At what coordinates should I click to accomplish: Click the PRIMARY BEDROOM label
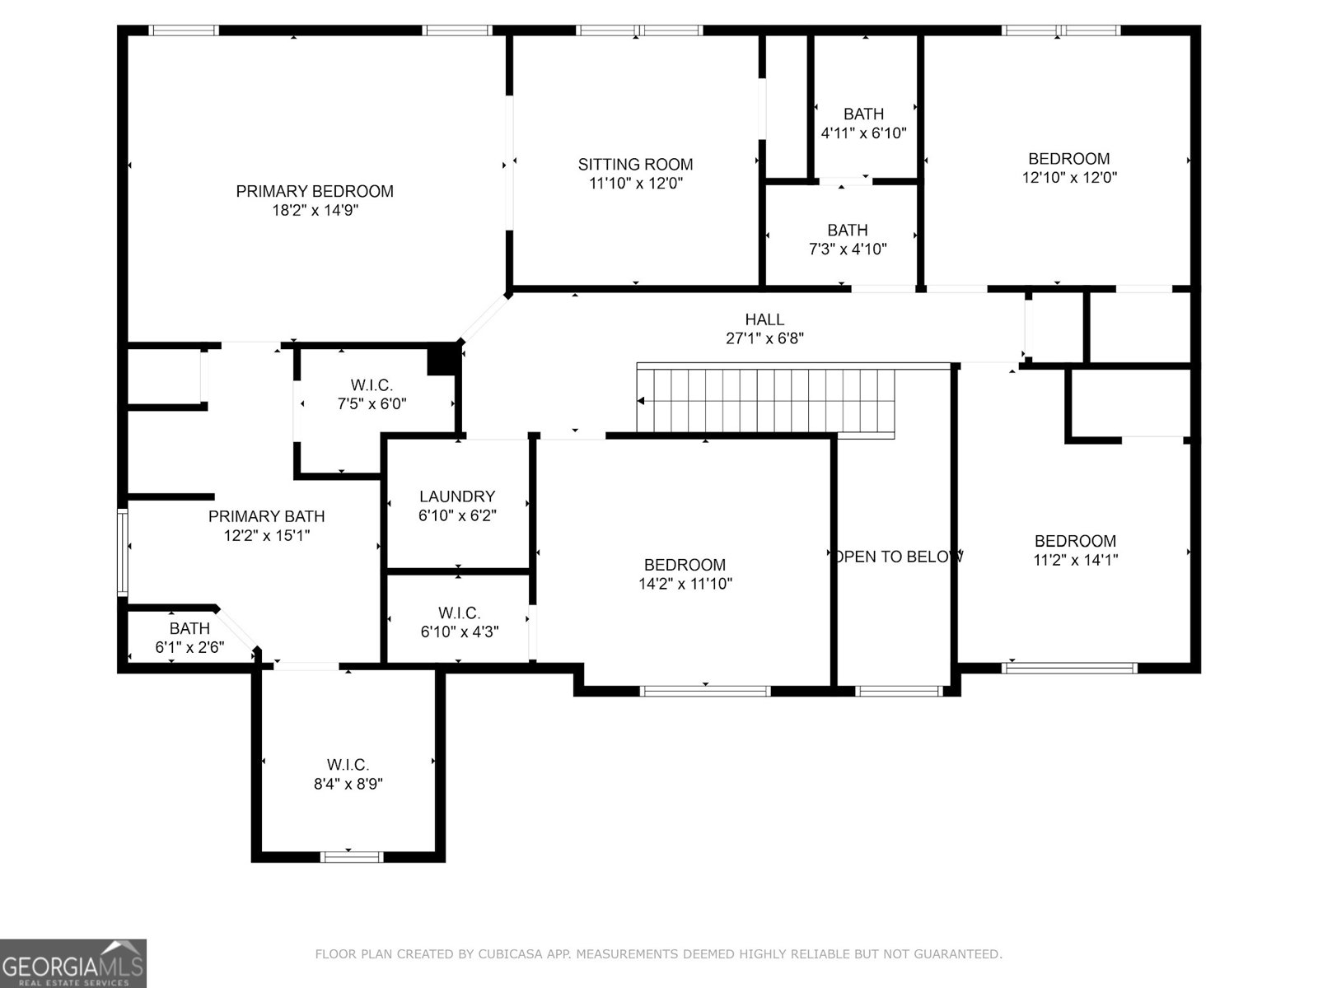click(x=315, y=191)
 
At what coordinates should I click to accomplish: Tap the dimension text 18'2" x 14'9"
click(x=315, y=210)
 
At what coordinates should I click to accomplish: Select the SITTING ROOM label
click(x=635, y=164)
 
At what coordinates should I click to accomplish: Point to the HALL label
click(x=764, y=319)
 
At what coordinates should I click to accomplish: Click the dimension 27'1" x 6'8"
click(x=764, y=338)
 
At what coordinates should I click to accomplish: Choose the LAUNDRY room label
click(x=457, y=496)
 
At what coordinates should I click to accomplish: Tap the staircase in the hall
click(x=766, y=399)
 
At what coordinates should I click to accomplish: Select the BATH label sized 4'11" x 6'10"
click(x=863, y=114)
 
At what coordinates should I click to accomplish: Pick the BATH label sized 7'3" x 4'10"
click(x=848, y=231)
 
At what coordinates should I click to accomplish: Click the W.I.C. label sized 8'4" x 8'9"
click(x=348, y=765)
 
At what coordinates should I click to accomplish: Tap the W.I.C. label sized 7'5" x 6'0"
click(x=372, y=385)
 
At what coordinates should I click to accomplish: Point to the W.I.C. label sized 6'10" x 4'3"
click(x=460, y=613)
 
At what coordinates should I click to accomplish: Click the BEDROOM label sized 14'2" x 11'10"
click(x=685, y=565)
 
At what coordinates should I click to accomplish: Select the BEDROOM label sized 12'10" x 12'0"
click(x=1069, y=159)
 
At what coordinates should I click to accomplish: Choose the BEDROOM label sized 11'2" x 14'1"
click(x=1075, y=541)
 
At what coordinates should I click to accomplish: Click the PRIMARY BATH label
click(x=266, y=516)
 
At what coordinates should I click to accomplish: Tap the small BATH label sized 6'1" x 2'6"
click(x=189, y=629)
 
